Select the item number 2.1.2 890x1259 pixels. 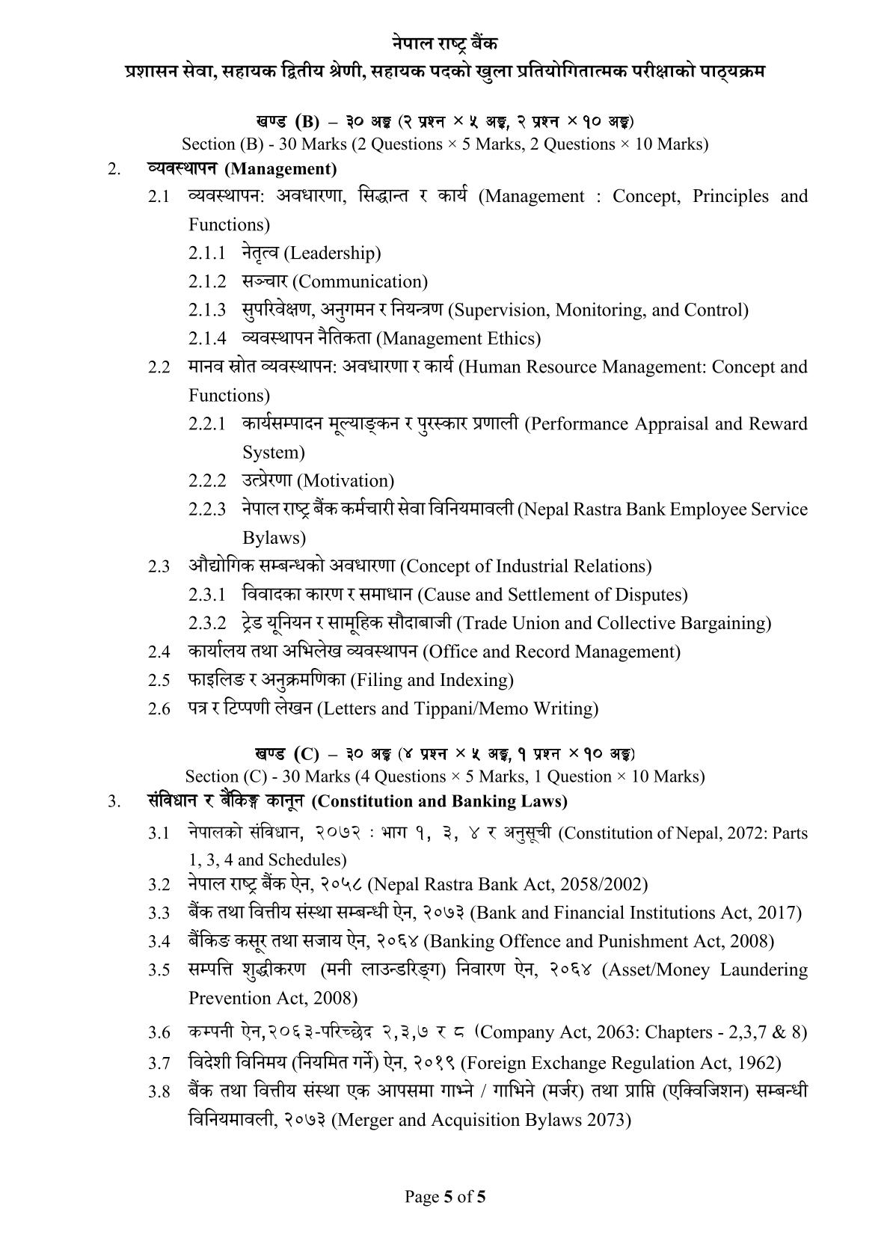pyautogui.click(x=206, y=282)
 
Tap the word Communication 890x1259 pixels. pyautogui.click(x=362, y=282)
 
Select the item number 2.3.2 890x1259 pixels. pyautogui.click(x=206, y=623)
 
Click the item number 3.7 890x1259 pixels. pyautogui.click(x=159, y=1064)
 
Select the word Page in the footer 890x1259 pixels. pyautogui.click(x=421, y=1197)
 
